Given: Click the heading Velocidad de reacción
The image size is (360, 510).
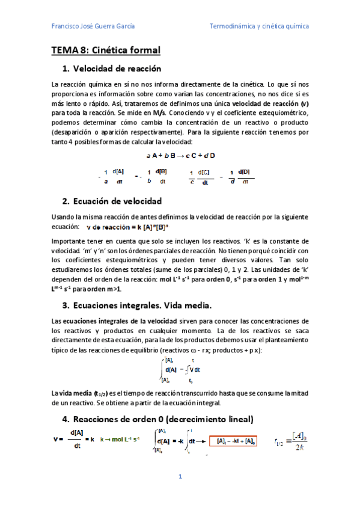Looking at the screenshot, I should click(117, 69).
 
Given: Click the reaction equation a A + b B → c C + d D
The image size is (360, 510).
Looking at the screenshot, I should click(180, 155).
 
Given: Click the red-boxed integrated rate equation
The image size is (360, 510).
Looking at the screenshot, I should click(232, 441).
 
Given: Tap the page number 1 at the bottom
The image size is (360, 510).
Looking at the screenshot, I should click(180, 477).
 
